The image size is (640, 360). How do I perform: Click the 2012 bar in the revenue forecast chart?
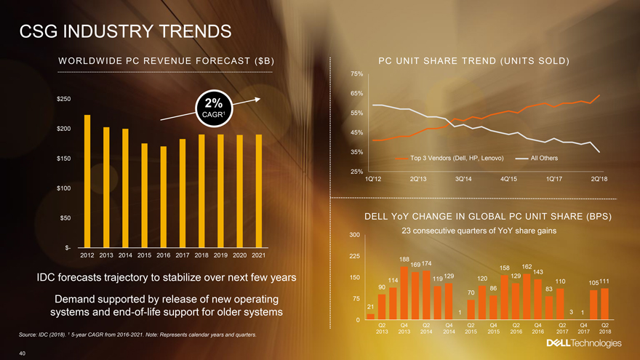(x=87, y=182)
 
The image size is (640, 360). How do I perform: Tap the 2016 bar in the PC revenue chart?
(x=164, y=197)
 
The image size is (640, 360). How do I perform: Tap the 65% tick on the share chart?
(x=356, y=94)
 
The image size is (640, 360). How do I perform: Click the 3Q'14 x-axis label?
(x=463, y=180)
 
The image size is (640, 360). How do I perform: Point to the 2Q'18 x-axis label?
(x=599, y=180)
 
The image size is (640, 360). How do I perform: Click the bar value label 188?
(x=404, y=259)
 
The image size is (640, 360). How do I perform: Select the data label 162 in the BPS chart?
(x=527, y=266)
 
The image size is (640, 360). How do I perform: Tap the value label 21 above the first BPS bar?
(x=370, y=306)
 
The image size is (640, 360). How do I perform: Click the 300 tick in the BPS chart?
(x=356, y=235)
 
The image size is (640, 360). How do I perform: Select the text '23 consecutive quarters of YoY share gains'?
(x=479, y=231)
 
